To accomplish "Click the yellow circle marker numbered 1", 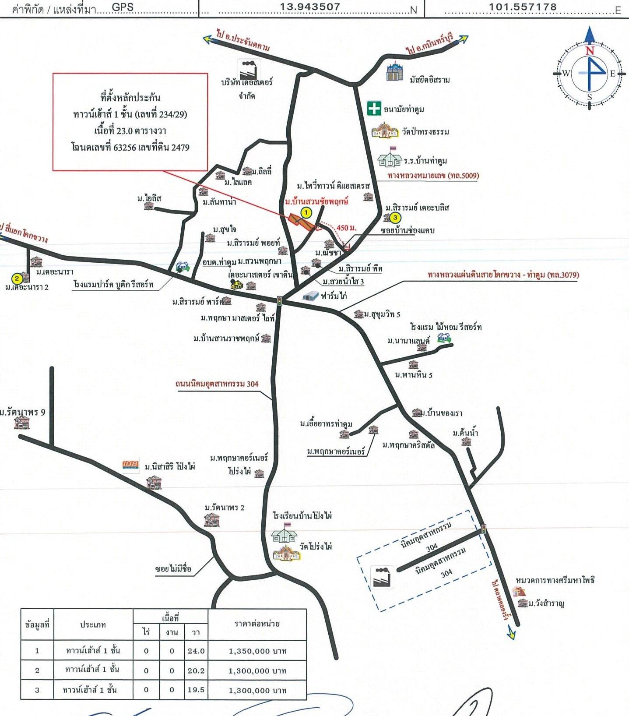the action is click(306, 213).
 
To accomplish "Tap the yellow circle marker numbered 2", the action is click(17, 279).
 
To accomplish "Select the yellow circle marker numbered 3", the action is click(395, 217).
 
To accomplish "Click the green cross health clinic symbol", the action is click(374, 108).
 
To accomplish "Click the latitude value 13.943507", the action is click(310, 7).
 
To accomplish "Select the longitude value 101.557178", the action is click(523, 7).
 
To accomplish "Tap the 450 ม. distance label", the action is click(346, 228).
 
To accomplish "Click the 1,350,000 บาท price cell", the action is click(257, 651).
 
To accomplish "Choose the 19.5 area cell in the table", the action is click(196, 690).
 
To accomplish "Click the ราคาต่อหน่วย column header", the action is click(257, 624).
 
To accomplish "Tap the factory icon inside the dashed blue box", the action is click(382, 577).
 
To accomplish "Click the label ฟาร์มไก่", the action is click(334, 296).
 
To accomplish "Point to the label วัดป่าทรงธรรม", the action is click(425, 131).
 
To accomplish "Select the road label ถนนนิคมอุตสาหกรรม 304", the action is click(217, 384).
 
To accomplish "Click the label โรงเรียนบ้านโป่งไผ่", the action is click(302, 515).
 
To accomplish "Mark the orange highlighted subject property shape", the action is click(302, 222).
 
